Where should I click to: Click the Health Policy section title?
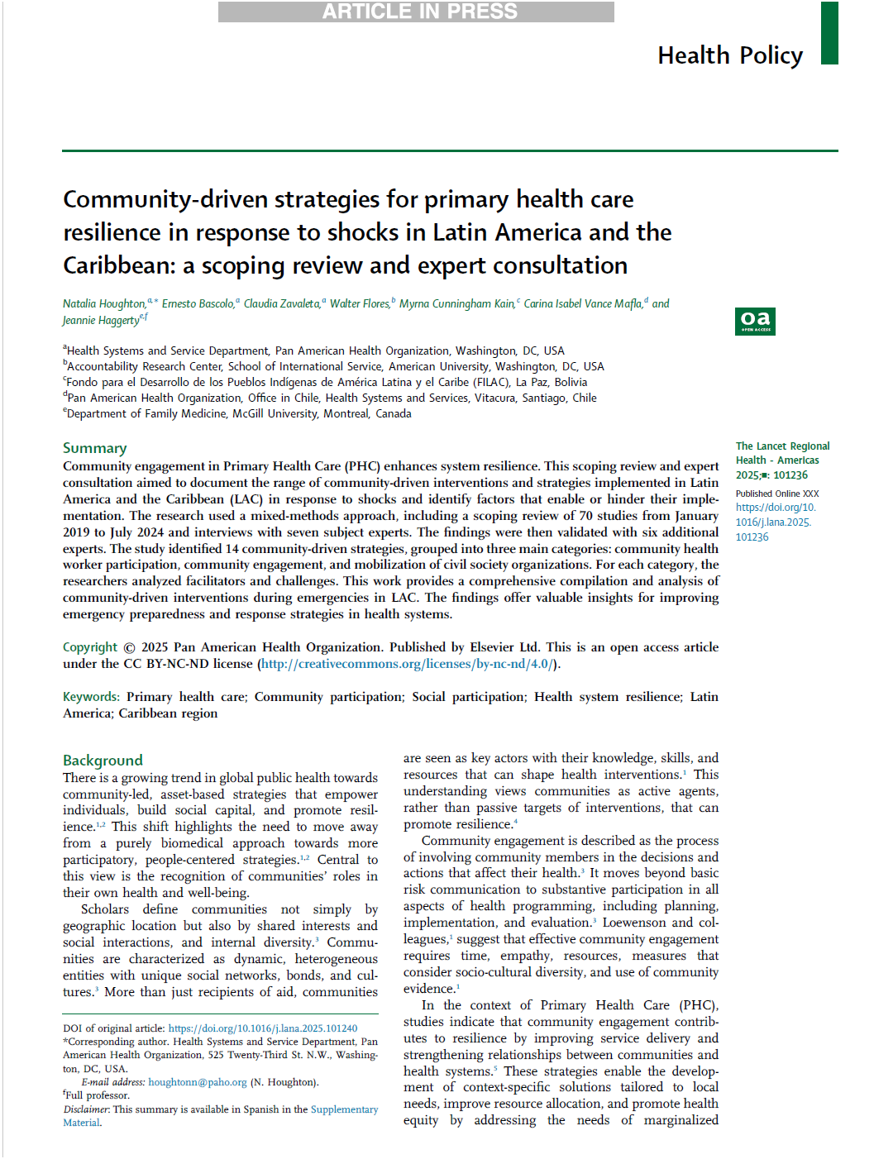[730, 55]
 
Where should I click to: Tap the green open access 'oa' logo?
[755, 321]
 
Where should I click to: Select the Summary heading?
[95, 448]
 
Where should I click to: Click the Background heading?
[103, 761]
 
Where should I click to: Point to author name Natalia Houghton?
[104, 304]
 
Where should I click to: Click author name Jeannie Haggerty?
[101, 321]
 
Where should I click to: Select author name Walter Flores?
[360, 304]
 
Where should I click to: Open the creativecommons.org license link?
[407, 664]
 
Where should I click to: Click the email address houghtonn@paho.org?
[198, 1082]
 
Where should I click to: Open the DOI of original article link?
[263, 1028]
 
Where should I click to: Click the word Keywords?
[91, 697]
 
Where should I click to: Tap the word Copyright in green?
[90, 647]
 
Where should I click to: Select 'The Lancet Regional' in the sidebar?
[782, 446]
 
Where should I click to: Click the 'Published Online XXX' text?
[777, 494]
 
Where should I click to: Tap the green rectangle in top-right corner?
[829, 32]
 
